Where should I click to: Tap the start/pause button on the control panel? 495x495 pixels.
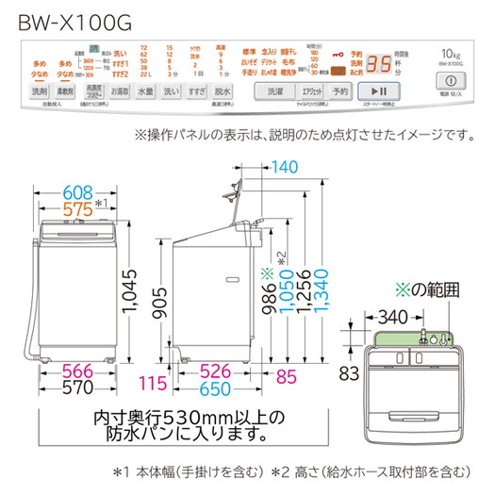384,91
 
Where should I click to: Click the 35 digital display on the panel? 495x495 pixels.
379,63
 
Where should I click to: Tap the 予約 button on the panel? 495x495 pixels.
340,91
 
